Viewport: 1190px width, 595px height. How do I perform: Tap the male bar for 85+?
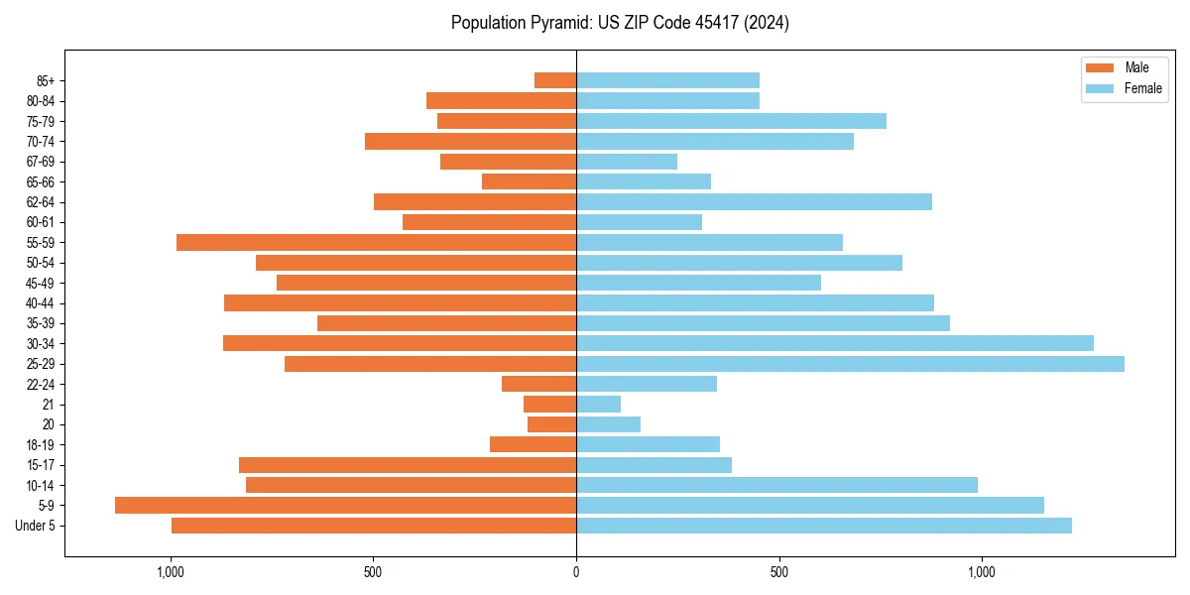tap(555, 80)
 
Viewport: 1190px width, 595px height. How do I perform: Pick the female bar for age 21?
tap(598, 404)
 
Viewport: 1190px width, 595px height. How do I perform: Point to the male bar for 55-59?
tap(376, 242)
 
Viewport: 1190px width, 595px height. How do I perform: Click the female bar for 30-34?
tap(835, 343)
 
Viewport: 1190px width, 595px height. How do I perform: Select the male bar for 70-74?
tap(470, 141)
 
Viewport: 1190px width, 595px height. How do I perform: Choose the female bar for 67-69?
tap(627, 162)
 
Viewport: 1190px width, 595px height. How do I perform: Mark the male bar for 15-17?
tap(408, 465)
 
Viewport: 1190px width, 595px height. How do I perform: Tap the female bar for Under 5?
tap(824, 526)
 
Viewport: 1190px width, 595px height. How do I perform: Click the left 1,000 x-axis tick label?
tap(171, 572)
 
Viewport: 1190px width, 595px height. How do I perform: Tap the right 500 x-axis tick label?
tap(778, 572)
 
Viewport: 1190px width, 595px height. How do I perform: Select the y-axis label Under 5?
tap(36, 526)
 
